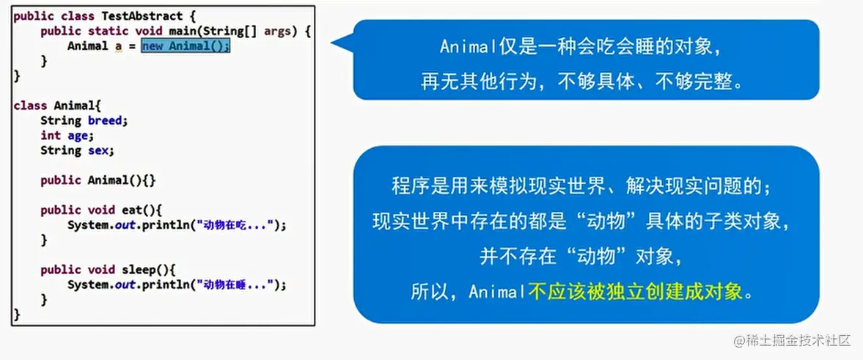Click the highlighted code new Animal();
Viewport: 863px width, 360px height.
coord(186,46)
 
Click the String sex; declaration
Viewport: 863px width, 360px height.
coord(77,150)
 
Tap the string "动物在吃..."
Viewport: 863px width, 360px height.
coord(235,225)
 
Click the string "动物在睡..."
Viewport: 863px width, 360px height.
coord(235,284)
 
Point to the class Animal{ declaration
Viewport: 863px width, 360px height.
coord(57,106)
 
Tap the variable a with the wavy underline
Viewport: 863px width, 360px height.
coord(118,47)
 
